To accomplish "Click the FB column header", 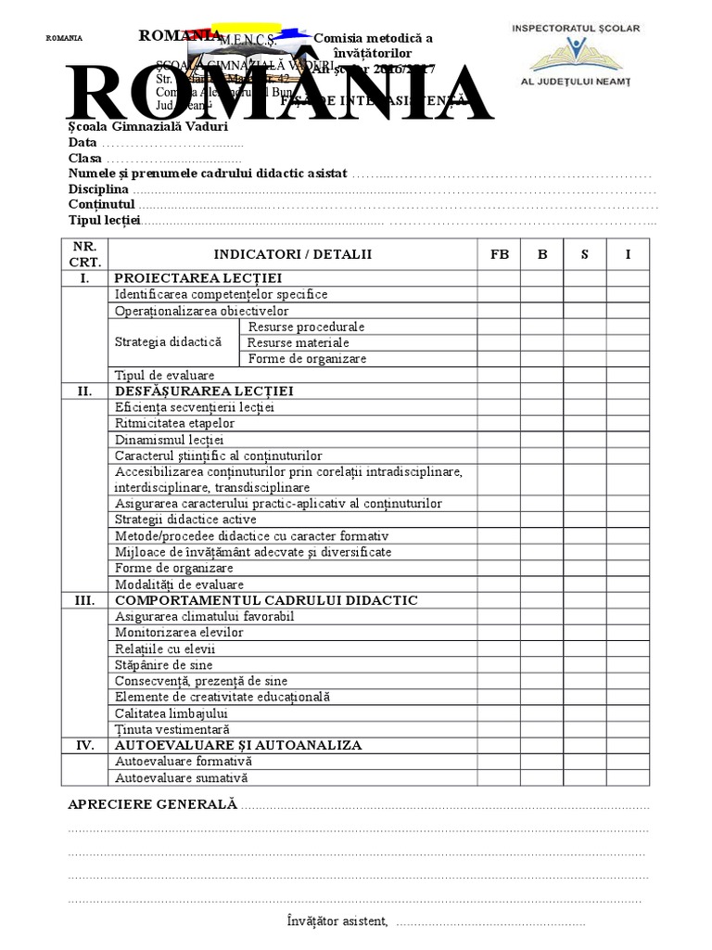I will click(499, 253).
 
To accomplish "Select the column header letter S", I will click(584, 253).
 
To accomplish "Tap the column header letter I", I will click(628, 253).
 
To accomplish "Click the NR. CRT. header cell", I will click(84, 253).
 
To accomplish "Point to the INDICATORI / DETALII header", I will click(292, 253).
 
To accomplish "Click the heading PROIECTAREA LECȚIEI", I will click(197, 278).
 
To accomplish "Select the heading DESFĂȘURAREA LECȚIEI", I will click(204, 391).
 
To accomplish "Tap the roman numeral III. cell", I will click(84, 600).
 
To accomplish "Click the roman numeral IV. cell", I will click(84, 745).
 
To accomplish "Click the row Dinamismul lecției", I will click(170, 440).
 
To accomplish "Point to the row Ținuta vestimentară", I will click(172, 729).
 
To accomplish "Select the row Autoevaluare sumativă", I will click(181, 777).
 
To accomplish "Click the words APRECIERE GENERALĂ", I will click(153, 804).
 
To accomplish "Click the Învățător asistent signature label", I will click(337, 921).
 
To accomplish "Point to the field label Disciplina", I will click(98, 188).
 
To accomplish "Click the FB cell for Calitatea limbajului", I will click(499, 713).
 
